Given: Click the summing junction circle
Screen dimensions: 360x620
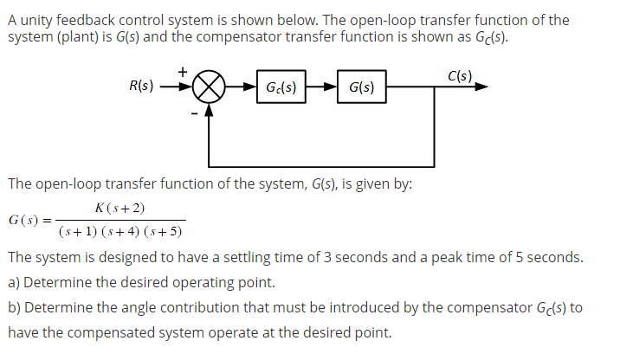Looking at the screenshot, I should click(209, 87).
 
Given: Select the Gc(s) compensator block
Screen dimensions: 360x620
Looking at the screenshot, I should click(281, 87).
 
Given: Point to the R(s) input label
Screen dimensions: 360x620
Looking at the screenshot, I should click(141, 87).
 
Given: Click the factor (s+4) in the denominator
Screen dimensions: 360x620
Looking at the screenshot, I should click(119, 232).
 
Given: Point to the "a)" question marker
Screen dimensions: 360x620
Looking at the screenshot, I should click(14, 283).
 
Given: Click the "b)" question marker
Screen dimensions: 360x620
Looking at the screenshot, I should click(15, 308).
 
